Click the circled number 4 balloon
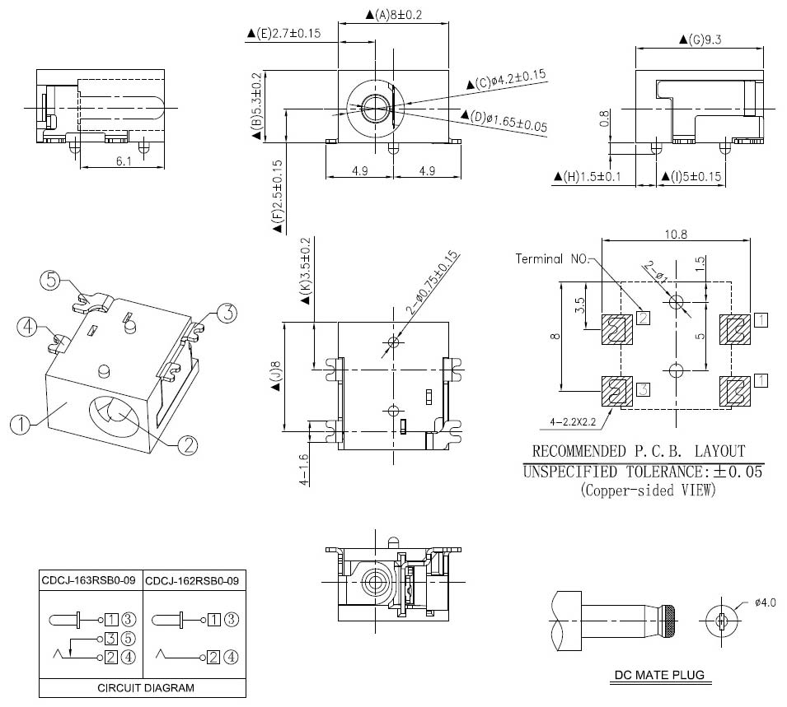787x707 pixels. pyautogui.click(x=29, y=328)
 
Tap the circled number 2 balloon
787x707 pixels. pyautogui.click(x=187, y=444)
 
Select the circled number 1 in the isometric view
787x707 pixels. pyautogui.click(x=21, y=425)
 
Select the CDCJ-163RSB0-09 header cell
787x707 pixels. pyautogui.click(x=89, y=581)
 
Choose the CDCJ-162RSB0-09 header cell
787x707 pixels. pyautogui.click(x=192, y=581)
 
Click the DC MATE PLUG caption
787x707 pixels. pyautogui.click(x=660, y=676)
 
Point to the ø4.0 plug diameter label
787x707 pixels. pyautogui.click(x=765, y=603)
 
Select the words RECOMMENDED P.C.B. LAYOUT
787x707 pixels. pyautogui.click(x=639, y=451)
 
